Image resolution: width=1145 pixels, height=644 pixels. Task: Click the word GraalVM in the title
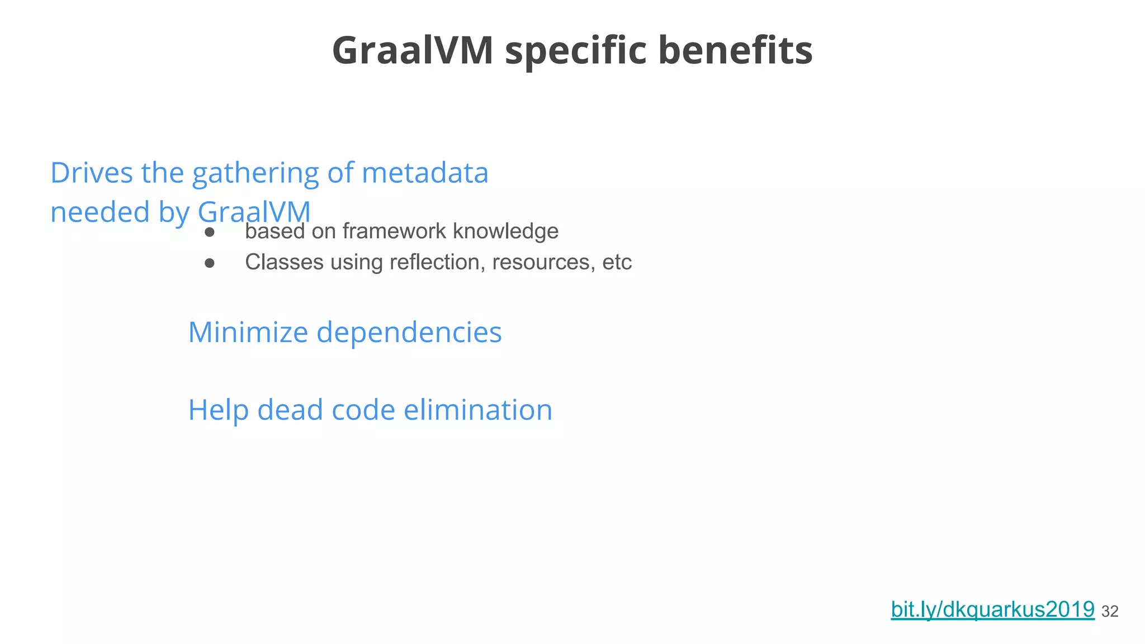tap(413, 50)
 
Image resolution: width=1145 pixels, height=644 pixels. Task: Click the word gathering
tap(256, 173)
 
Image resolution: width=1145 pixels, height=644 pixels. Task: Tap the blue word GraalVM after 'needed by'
tap(254, 212)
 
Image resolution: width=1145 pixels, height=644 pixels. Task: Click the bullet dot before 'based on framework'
tap(210, 232)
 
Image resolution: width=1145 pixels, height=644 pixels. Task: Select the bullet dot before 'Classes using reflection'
tap(210, 263)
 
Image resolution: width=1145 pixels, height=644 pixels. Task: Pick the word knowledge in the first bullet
tap(505, 231)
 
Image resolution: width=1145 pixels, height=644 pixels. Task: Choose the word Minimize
tap(248, 332)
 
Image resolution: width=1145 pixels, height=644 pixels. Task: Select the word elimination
tap(478, 410)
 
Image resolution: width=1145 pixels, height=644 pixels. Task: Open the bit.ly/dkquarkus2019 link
tap(992, 609)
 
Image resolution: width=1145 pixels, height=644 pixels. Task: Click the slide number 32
tap(1110, 612)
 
